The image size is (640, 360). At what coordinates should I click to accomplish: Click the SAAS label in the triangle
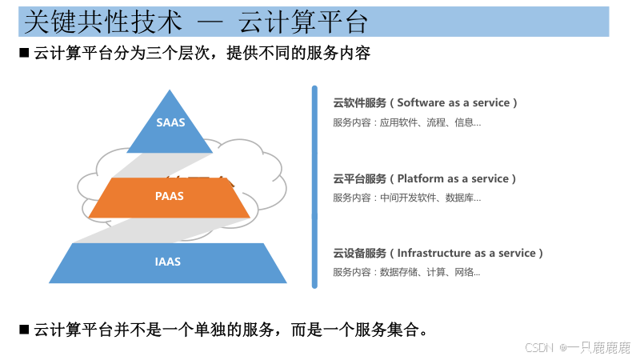(170, 122)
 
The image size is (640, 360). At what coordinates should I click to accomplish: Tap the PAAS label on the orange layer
(169, 196)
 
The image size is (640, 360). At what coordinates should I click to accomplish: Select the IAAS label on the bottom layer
(168, 262)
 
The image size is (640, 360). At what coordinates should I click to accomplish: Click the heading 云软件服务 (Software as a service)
(426, 103)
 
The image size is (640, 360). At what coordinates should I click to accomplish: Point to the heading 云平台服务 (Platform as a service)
(425, 178)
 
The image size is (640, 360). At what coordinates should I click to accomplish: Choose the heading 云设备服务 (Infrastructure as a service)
(438, 253)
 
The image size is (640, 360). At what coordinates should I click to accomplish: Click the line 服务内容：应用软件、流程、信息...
(407, 122)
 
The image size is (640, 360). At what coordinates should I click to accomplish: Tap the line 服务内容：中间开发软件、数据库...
(407, 198)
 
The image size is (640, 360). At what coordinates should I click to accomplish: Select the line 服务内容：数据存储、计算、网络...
(407, 272)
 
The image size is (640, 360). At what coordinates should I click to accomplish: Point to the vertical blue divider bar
(314, 186)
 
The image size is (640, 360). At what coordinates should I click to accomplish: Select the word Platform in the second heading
(419, 178)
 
